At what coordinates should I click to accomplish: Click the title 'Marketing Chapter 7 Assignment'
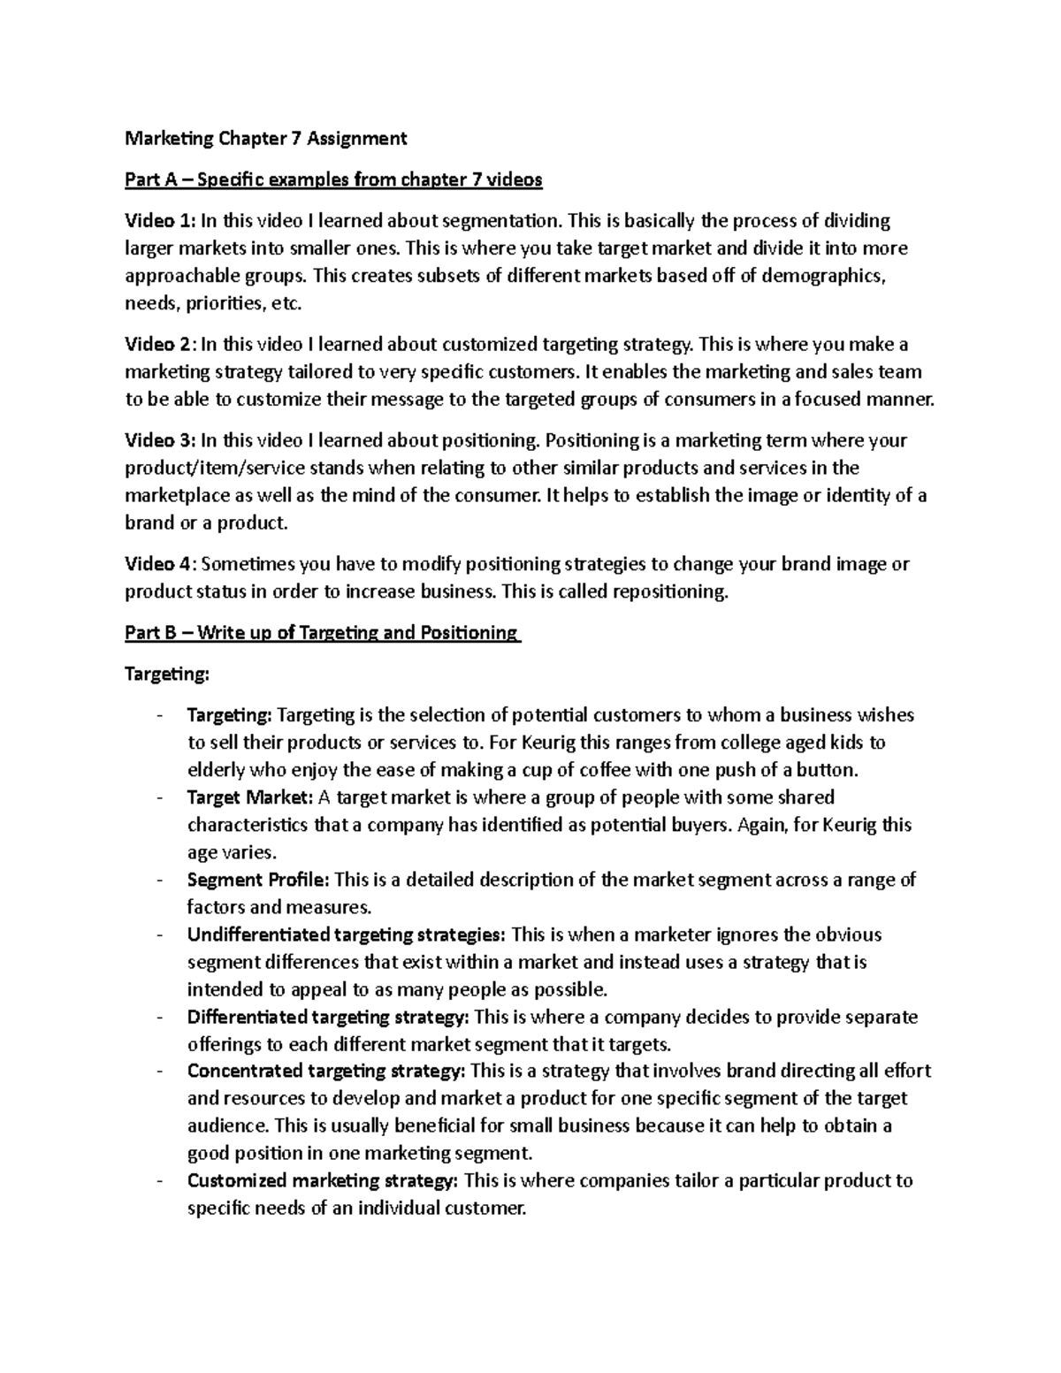pos(266,138)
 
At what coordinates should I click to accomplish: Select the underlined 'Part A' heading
pos(333,180)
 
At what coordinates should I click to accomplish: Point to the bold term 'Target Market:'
pos(250,797)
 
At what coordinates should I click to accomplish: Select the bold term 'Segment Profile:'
pos(258,880)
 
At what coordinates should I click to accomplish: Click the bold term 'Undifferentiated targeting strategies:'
pos(347,934)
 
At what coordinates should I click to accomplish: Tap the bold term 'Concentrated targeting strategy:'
pos(326,1072)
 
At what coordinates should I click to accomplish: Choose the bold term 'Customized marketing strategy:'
pos(323,1181)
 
